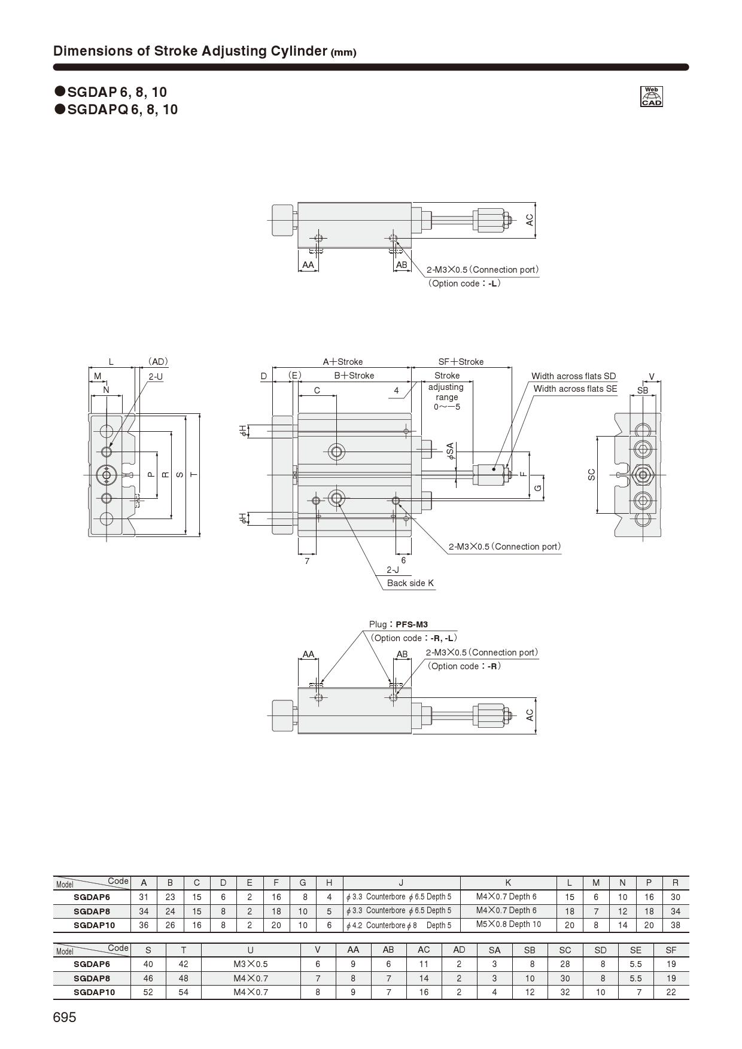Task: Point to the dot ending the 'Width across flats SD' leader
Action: (x=494, y=469)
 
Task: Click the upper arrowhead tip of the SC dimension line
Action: (x=597, y=437)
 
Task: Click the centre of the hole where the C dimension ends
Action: (x=336, y=451)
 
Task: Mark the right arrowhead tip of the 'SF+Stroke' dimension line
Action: (x=512, y=368)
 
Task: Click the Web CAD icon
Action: (x=652, y=96)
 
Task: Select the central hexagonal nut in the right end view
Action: (x=643, y=475)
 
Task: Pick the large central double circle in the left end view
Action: (x=107, y=475)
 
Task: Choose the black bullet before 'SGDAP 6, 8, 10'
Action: (x=60, y=92)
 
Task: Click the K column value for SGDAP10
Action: (x=508, y=925)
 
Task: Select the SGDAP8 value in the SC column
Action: (x=565, y=978)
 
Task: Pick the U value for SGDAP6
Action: (x=250, y=964)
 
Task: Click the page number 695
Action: (x=65, y=1017)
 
